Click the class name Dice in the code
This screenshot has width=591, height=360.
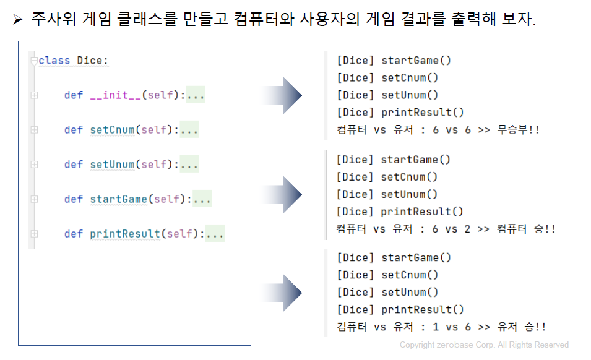(93, 61)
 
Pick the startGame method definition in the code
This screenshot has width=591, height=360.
(119, 199)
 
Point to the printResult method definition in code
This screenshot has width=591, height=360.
(125, 234)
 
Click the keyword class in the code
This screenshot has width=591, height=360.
(54, 61)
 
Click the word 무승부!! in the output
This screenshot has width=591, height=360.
(519, 131)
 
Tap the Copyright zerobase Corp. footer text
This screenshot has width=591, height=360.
(484, 345)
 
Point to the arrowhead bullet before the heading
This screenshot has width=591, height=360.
(17, 20)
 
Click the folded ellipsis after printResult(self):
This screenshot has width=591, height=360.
(215, 234)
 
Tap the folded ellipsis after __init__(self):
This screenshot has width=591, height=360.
(196, 95)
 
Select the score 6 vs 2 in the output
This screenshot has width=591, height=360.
(451, 229)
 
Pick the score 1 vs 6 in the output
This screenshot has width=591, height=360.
(451, 327)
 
